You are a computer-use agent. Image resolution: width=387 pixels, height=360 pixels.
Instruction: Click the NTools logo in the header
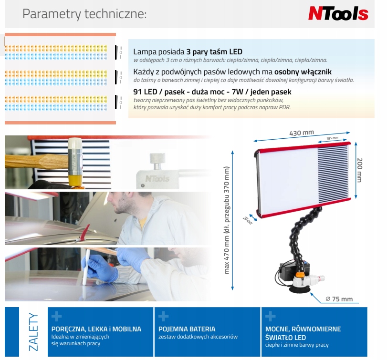338,13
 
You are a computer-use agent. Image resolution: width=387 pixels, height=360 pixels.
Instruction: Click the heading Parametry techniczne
84,14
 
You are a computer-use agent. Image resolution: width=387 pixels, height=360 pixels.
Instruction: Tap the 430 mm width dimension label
302,133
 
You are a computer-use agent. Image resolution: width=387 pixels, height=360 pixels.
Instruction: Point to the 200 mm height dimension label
360,170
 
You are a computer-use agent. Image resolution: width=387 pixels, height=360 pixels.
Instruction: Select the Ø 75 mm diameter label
339,299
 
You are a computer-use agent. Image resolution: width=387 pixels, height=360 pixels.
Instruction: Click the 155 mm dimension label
332,138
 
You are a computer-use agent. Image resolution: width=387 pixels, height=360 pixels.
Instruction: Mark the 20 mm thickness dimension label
247,220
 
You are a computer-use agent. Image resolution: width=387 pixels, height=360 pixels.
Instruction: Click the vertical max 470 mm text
227,220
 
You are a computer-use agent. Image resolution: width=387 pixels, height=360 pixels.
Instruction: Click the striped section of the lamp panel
333,174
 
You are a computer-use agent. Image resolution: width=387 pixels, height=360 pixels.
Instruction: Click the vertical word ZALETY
33,332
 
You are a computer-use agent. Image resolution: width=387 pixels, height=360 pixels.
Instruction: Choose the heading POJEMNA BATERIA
187,329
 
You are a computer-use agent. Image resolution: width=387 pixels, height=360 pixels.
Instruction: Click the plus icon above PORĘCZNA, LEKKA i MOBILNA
56,316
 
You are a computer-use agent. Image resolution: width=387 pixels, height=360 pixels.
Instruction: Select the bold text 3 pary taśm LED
214,52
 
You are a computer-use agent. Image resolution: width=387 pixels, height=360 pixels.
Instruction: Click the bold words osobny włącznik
303,72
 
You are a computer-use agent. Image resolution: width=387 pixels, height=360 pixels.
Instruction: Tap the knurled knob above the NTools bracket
157,158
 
